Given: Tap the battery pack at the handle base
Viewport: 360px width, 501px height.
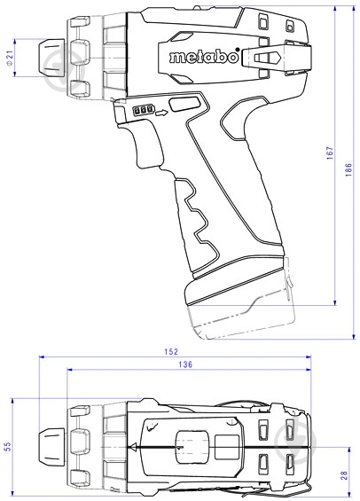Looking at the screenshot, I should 239,297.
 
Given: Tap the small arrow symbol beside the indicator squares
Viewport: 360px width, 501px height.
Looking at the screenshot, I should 160,113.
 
